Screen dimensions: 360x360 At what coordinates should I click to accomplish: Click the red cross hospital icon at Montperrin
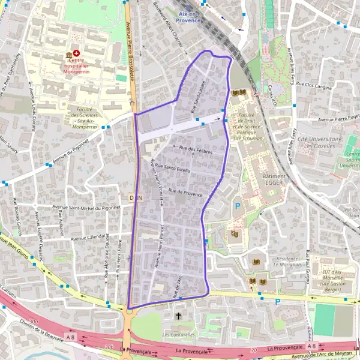coord(76,53)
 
